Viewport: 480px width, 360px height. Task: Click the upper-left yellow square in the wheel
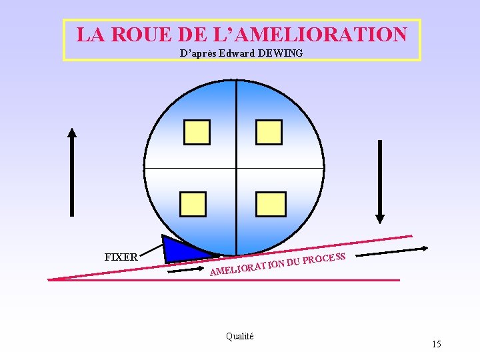point(197,132)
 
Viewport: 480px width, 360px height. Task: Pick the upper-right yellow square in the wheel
point(270,132)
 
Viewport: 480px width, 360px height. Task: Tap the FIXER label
point(121,257)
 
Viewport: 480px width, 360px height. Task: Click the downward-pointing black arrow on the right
point(380,181)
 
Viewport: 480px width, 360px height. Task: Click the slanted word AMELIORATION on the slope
point(247,267)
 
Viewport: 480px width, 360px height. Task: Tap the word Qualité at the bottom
point(239,337)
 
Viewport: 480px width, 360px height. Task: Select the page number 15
point(436,344)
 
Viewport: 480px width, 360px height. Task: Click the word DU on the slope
point(293,262)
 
